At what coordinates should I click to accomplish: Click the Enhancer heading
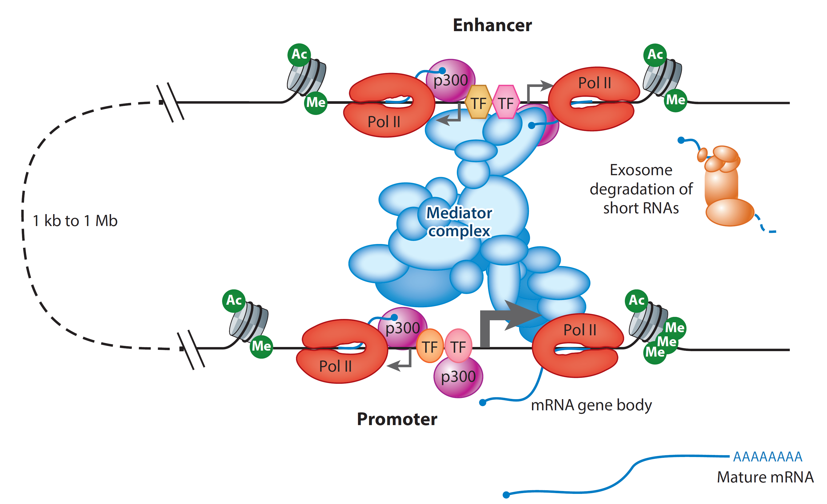tap(492, 25)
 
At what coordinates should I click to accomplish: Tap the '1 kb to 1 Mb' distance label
tap(75, 221)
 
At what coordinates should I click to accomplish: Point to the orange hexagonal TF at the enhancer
tap(478, 103)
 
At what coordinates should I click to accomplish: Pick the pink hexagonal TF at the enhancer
tap(506, 103)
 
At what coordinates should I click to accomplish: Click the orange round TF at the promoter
tap(430, 346)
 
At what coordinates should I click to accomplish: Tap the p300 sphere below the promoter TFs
tap(458, 377)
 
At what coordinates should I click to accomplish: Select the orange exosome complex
tap(725, 188)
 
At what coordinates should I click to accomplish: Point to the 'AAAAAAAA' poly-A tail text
tap(767, 457)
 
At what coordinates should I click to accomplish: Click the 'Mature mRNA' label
tap(765, 477)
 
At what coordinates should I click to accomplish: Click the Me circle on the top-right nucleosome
tap(675, 100)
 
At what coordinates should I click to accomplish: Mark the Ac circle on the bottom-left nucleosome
tap(234, 301)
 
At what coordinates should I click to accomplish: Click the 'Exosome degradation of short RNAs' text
tap(641, 189)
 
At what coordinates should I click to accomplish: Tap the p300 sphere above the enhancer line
tap(450, 80)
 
